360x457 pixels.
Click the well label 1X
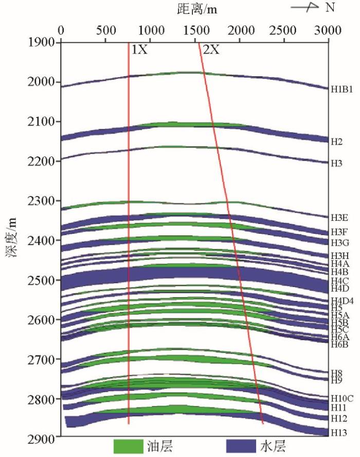point(139,50)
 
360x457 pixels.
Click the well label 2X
point(211,50)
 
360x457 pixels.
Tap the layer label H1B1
point(341,89)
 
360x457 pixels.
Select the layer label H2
point(337,141)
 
